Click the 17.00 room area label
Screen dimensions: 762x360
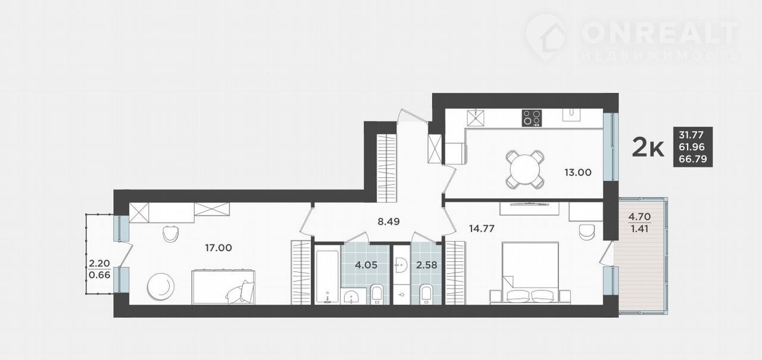click(x=218, y=248)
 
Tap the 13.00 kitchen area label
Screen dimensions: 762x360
click(x=578, y=173)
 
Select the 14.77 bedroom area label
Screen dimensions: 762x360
click(x=482, y=228)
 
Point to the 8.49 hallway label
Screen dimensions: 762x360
click(x=389, y=221)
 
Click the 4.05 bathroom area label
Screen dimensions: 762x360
click(x=366, y=265)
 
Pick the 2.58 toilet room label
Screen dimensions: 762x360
click(x=427, y=265)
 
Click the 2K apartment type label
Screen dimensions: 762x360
click(x=648, y=148)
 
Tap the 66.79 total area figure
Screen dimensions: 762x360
click(x=693, y=159)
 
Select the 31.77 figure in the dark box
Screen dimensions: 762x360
click(x=691, y=135)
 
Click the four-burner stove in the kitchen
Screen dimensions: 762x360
click(x=532, y=118)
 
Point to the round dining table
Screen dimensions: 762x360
click(x=525, y=170)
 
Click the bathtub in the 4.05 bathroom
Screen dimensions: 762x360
click(x=327, y=276)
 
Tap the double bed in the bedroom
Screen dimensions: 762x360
click(x=530, y=273)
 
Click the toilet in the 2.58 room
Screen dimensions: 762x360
click(x=427, y=295)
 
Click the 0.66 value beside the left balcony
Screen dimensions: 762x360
click(x=99, y=275)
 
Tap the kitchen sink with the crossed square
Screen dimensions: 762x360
click(x=476, y=118)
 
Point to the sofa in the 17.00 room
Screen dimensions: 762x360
click(x=223, y=287)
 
